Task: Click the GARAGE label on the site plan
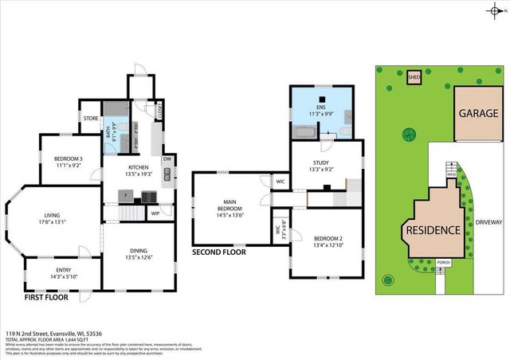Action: (x=478, y=113)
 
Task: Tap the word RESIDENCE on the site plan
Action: (x=433, y=230)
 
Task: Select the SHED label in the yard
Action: (x=414, y=77)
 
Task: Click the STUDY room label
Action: (x=320, y=162)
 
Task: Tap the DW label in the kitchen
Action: (x=167, y=158)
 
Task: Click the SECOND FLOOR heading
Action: (x=219, y=252)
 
